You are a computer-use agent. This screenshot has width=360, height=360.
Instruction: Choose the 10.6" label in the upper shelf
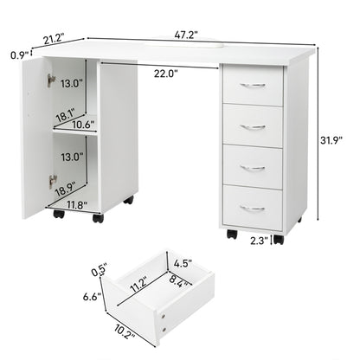coord(84,125)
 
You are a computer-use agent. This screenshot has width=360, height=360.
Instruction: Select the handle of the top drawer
coord(253,86)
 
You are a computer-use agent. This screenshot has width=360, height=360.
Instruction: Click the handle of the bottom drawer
coord(253,208)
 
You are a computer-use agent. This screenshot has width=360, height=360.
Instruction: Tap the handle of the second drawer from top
coord(253,126)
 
